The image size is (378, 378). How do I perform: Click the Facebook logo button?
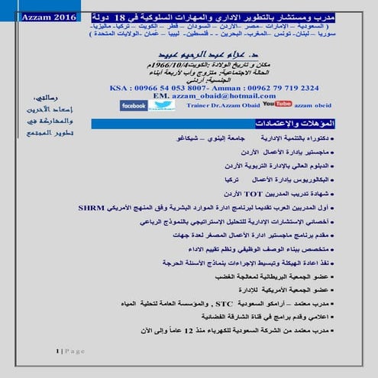tap(133, 105)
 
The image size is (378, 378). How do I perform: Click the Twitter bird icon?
tap(163, 105)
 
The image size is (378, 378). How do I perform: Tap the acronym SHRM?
tap(91, 207)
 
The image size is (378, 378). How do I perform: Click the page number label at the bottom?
tap(69, 351)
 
